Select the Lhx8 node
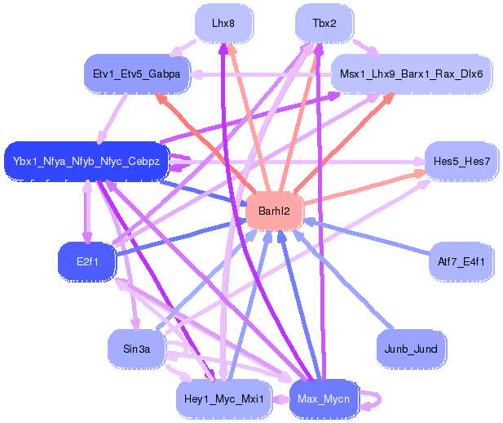pos(223,24)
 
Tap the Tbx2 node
pos(324,24)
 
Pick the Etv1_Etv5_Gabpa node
pos(137,73)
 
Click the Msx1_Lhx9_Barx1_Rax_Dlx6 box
pos(411,73)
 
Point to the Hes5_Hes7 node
pos(461,161)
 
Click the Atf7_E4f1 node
pos(461,261)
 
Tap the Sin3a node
pos(137,349)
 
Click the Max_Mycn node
pos(324,399)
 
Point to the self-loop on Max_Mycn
pos(372,399)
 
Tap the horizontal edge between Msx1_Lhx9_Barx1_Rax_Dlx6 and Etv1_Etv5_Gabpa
pos(261,74)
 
